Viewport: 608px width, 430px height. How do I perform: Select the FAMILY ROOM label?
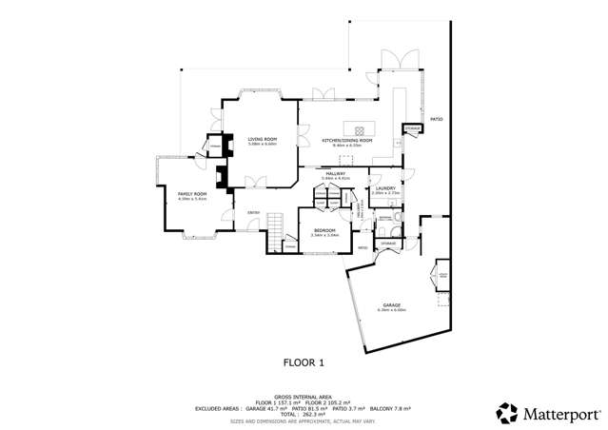pos(192,197)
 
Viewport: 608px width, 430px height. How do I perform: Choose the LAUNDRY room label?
pos(384,188)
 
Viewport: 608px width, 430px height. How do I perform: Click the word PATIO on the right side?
pos(437,119)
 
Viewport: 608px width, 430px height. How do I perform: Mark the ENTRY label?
pos(254,211)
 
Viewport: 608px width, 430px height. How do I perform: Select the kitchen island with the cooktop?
pos(363,130)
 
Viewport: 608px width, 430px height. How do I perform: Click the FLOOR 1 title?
pos(304,362)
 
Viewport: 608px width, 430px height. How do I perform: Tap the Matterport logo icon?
pos(507,413)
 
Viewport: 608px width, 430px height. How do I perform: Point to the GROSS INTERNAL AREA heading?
pos(304,396)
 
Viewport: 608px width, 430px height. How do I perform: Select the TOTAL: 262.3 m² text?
pos(304,414)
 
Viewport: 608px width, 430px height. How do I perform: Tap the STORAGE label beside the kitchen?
pos(411,127)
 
